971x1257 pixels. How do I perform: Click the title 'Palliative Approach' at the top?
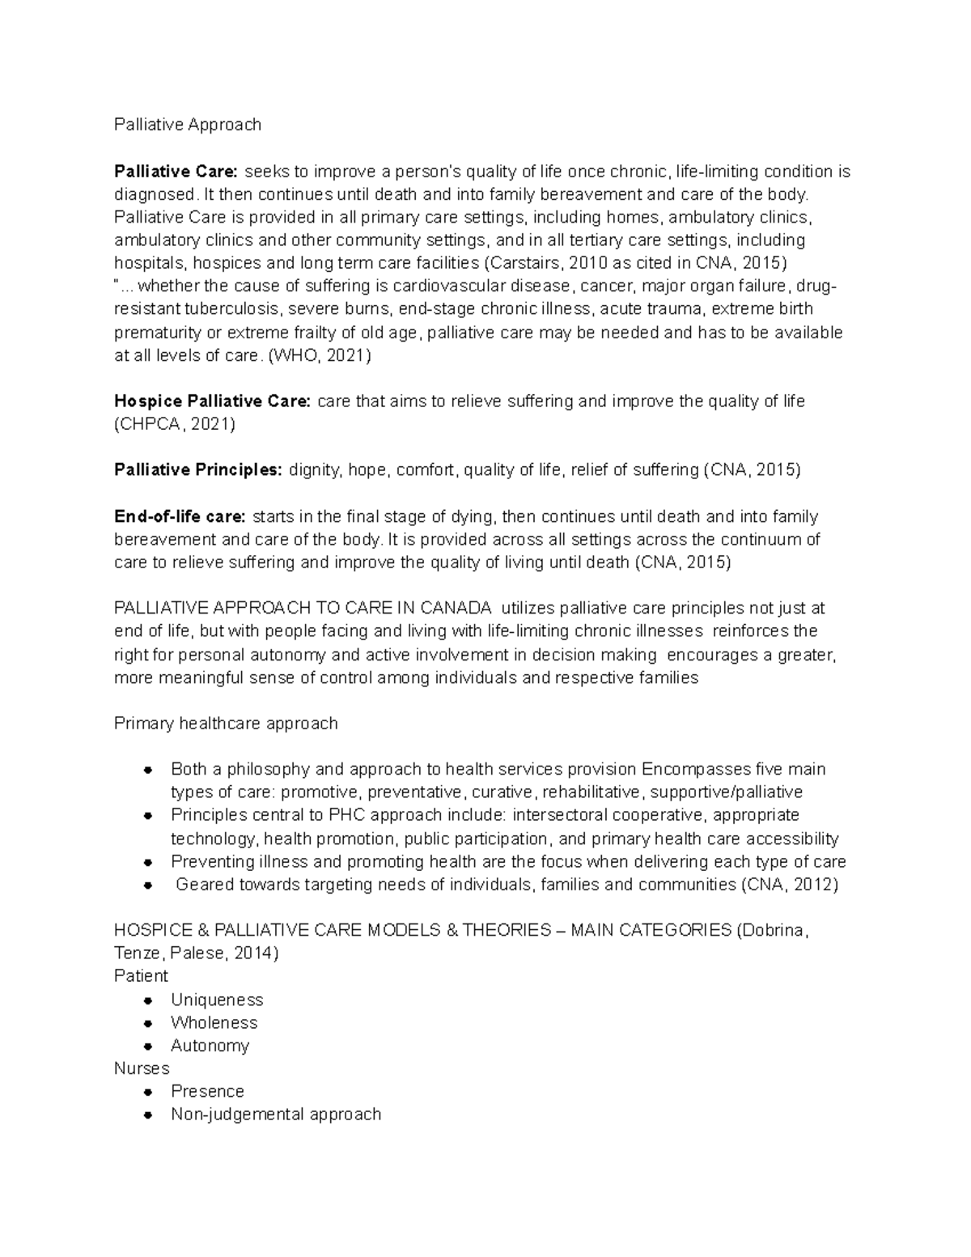(x=188, y=125)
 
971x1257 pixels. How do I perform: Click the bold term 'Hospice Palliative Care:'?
(x=212, y=401)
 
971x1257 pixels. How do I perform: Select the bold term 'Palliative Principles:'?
(x=198, y=470)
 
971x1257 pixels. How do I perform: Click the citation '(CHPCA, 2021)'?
(x=175, y=424)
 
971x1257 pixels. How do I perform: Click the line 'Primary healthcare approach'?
(x=226, y=724)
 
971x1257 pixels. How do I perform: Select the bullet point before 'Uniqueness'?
(x=147, y=1000)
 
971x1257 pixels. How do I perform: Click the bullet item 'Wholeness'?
(x=214, y=1023)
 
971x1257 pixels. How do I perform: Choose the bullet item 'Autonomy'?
(x=210, y=1046)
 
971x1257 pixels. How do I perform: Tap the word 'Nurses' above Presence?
(x=142, y=1068)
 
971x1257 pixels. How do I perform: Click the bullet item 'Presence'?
(x=207, y=1092)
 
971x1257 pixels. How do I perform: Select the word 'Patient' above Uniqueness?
(x=141, y=976)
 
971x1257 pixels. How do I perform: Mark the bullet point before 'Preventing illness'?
(x=147, y=862)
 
